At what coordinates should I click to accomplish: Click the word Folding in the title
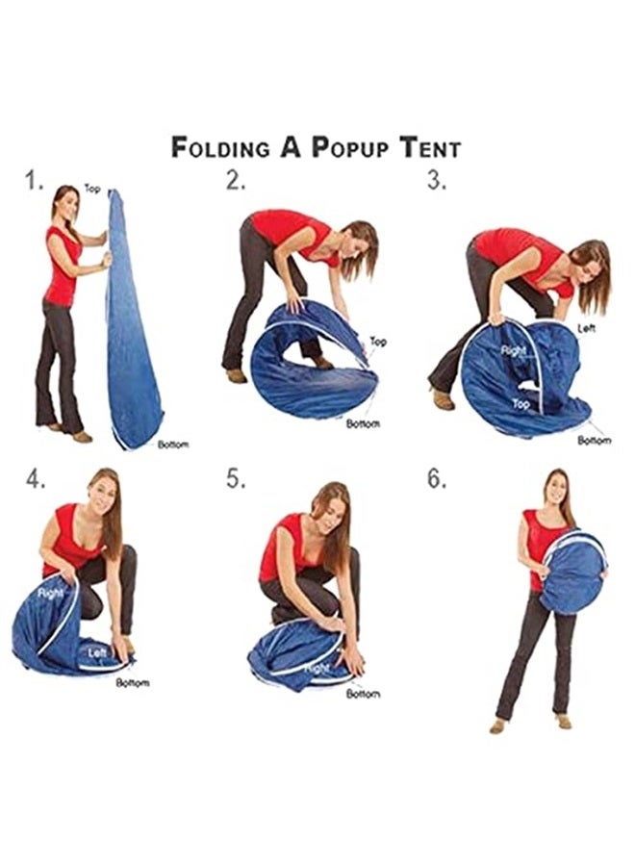220,147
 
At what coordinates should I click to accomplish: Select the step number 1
35,181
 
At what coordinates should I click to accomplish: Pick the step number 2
236,181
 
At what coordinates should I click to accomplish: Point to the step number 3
437,181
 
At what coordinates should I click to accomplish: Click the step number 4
36,479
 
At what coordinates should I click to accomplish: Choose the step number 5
236,479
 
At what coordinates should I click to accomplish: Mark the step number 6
437,479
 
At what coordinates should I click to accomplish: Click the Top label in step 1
92,189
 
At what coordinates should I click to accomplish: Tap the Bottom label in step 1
173,445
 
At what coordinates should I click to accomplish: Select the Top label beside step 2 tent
378,342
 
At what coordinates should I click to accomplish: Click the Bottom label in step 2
363,423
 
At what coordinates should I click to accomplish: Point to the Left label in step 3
586,328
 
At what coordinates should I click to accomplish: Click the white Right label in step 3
513,350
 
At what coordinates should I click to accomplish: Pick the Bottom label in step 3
595,440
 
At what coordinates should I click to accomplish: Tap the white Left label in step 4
97,652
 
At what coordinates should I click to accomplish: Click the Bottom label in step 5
363,694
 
